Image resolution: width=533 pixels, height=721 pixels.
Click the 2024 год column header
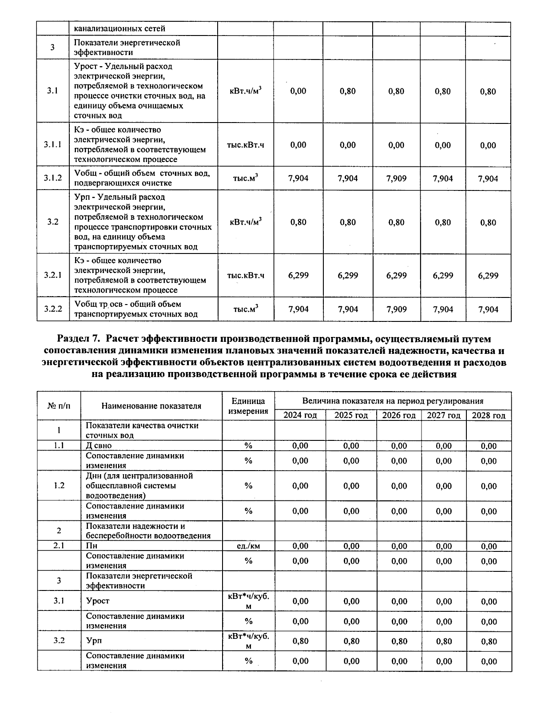tap(300, 416)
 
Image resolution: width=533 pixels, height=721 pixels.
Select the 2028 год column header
tap(488, 416)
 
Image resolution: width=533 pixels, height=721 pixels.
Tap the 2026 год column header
tap(399, 416)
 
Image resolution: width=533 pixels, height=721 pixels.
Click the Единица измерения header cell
tap(248, 406)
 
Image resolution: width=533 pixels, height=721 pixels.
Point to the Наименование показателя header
tap(151, 406)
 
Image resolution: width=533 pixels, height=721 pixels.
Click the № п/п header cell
tap(59, 406)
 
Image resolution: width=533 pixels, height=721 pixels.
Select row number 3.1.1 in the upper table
tap(52, 145)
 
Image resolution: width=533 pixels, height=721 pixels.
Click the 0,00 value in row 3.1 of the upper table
tap(298, 91)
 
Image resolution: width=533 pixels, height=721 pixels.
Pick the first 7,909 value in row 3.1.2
tap(396, 178)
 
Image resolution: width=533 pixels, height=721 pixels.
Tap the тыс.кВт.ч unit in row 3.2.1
tap(246, 275)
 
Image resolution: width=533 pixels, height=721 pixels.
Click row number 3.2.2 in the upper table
tap(52, 309)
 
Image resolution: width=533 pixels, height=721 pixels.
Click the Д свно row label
tap(99, 445)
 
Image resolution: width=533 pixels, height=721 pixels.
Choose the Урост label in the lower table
tap(98, 601)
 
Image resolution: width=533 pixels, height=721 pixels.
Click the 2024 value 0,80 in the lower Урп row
tap(300, 641)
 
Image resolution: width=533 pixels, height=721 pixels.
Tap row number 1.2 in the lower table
tap(59, 485)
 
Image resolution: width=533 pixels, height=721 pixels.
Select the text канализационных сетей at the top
tap(119, 28)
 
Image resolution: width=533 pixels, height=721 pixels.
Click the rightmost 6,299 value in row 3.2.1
tap(488, 275)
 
